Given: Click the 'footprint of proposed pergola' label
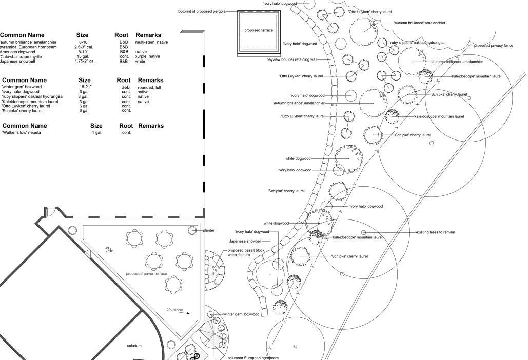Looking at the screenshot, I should pos(201,11).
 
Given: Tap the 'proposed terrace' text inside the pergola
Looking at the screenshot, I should pos(259,30).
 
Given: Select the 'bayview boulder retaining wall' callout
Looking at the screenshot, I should pos(292,59).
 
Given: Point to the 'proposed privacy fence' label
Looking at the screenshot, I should pos(493,46).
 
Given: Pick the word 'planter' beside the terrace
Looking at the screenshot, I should pos(209,231).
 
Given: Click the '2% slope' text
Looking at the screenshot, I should pos(174,310).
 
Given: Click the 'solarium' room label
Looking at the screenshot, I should pos(134,346).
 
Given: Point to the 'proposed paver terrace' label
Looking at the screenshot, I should pos(147,274).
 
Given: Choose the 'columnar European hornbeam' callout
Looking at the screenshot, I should pos(253,358).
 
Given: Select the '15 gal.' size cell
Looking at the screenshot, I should pos(83,56).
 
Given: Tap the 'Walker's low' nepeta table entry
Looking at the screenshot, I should pos(21,133).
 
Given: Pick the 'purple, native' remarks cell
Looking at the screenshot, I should pos(148,56).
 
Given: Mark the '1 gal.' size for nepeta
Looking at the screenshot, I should pos(97,133).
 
